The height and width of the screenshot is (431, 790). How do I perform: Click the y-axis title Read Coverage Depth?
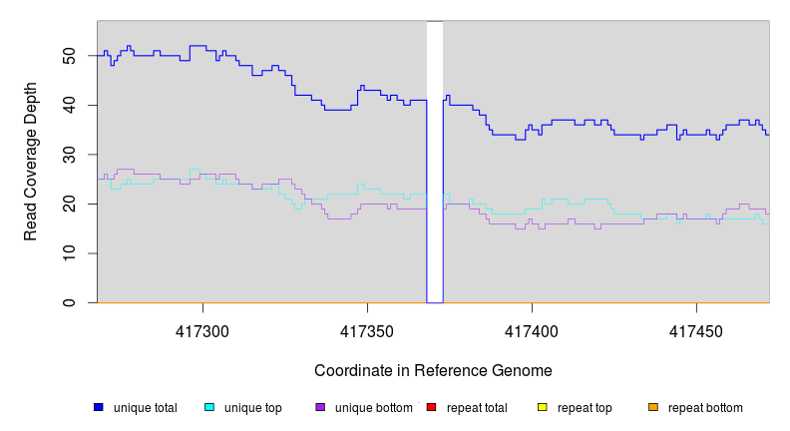click(31, 162)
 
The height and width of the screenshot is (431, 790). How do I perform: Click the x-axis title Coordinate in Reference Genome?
click(433, 371)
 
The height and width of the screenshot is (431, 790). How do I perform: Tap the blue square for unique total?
click(99, 407)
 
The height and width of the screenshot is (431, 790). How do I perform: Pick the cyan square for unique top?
click(209, 407)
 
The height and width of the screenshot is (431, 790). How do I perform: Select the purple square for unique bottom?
click(320, 407)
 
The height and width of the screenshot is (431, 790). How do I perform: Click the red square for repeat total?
click(431, 407)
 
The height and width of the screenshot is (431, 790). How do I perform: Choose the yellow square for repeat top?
click(543, 407)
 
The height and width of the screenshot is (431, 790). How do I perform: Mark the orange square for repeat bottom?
click(653, 407)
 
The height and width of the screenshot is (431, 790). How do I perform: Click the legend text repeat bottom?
click(705, 408)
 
